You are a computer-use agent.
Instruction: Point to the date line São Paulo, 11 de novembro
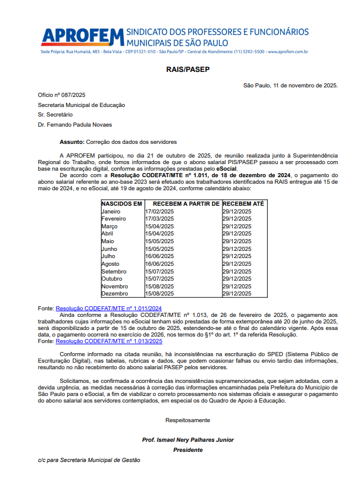[x=290, y=85]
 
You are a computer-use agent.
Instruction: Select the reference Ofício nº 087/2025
[x=62, y=95]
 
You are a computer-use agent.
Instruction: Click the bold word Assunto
[x=72, y=143]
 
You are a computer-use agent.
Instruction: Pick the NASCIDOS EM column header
[x=122, y=204]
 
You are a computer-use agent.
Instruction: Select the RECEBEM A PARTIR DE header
[x=182, y=204]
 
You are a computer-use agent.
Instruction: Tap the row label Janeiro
[x=111, y=211]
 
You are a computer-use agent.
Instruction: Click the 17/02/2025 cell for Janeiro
[x=159, y=211]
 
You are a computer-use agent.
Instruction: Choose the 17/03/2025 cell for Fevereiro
[x=159, y=219]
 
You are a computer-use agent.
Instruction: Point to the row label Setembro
[x=114, y=271]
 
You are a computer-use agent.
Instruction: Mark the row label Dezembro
[x=115, y=294]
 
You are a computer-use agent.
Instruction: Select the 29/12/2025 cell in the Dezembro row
[x=237, y=294]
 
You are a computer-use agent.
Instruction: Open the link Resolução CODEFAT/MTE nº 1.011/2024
[x=109, y=308]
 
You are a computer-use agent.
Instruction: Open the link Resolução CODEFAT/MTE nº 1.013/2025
[x=109, y=341]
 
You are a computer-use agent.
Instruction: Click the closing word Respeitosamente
[x=188, y=420]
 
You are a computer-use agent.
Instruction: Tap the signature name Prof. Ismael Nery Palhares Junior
[x=188, y=440]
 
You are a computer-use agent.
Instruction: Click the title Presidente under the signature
[x=188, y=450]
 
